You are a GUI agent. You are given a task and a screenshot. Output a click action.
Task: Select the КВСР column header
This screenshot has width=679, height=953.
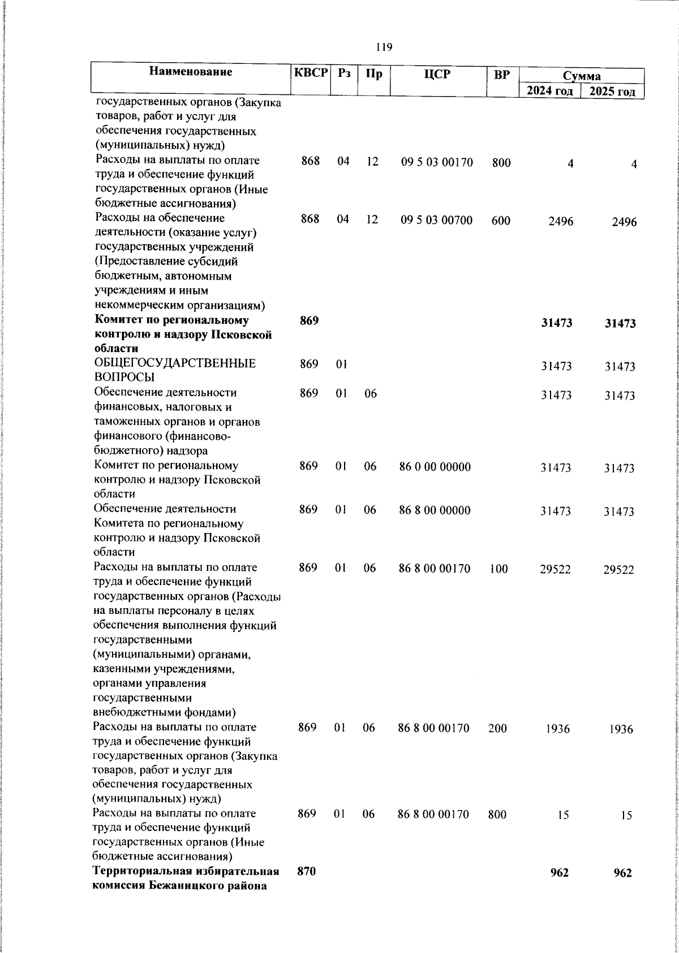[x=311, y=73]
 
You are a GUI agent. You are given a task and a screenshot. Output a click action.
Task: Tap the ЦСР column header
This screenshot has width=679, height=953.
[x=437, y=73]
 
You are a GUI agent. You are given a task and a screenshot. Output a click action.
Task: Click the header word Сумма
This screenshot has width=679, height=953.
[x=582, y=76]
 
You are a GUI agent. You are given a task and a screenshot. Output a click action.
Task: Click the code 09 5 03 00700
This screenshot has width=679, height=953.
[x=437, y=220]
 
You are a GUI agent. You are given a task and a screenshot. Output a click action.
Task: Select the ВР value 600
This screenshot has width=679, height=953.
[x=501, y=221]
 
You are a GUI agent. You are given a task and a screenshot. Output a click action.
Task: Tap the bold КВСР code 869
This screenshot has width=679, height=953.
[x=310, y=320]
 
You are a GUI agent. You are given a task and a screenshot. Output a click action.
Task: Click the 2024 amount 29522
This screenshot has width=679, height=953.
[x=556, y=569]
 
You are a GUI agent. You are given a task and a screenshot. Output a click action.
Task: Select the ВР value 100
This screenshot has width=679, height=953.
[x=498, y=569]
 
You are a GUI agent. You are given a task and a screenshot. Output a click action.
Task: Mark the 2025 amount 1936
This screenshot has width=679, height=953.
[x=621, y=729]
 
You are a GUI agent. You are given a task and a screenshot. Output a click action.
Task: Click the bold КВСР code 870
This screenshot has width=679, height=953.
[x=307, y=872]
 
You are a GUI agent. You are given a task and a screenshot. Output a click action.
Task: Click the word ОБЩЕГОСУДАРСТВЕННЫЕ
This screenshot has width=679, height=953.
[x=175, y=363]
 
